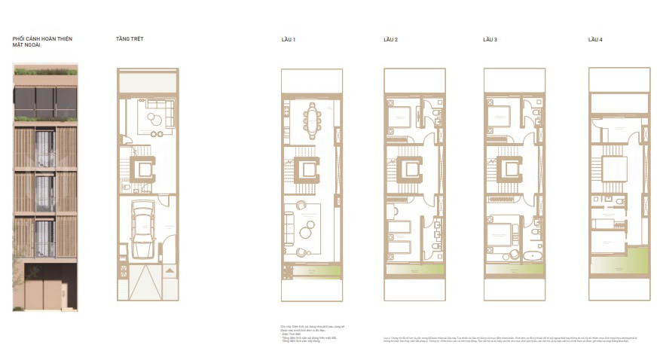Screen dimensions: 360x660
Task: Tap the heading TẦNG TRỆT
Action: (130, 38)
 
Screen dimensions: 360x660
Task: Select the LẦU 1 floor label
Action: (288, 38)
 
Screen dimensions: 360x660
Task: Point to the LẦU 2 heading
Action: (390, 38)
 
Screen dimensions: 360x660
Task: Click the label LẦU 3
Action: (490, 38)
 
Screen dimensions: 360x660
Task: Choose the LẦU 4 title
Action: (595, 38)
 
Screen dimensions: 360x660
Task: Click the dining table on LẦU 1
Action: (310, 117)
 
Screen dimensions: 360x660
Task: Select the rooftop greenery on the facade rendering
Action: (45, 72)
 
